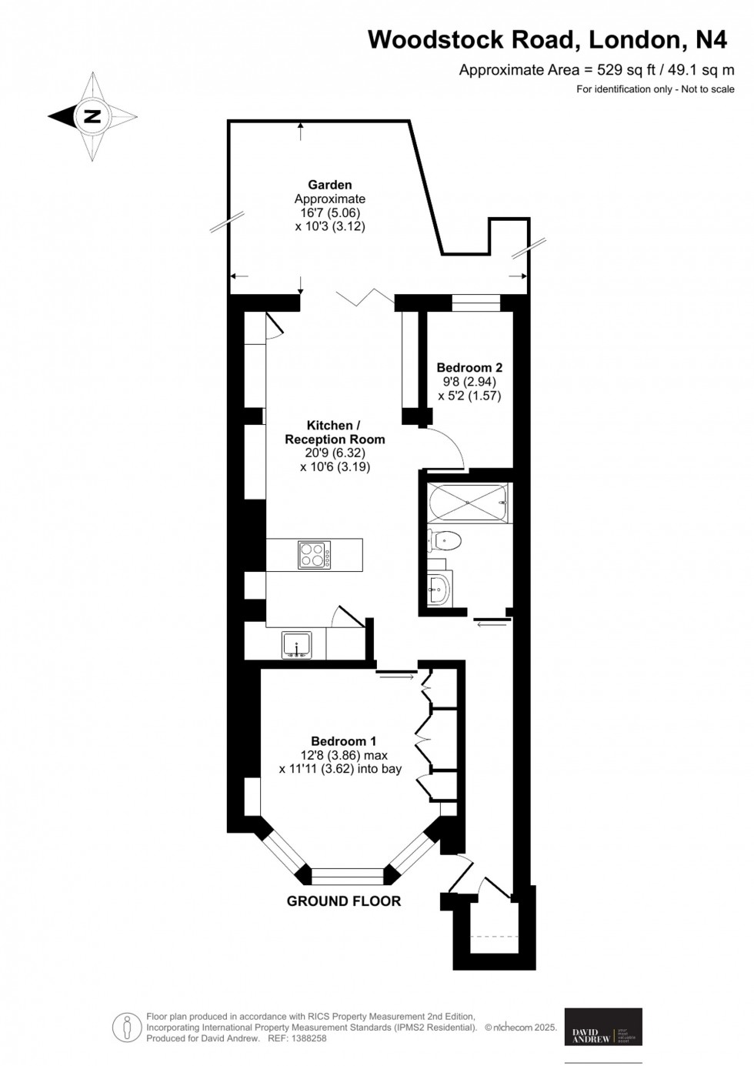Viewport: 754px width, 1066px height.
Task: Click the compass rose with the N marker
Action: pyautogui.click(x=92, y=117)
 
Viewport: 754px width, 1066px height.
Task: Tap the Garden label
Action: pyautogui.click(x=329, y=185)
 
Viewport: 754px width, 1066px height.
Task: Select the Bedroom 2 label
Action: pyautogui.click(x=469, y=368)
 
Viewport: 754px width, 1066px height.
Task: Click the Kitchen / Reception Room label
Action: pyautogui.click(x=334, y=433)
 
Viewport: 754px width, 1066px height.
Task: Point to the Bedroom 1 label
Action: pyautogui.click(x=343, y=741)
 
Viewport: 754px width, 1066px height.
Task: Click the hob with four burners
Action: pyautogui.click(x=315, y=555)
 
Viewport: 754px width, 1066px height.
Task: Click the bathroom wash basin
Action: pyautogui.click(x=439, y=590)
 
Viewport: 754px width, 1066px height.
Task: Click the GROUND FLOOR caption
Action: pyautogui.click(x=343, y=901)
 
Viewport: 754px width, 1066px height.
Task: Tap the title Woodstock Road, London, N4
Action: pyautogui.click(x=547, y=39)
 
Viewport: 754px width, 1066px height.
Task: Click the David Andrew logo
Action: pyautogui.click(x=602, y=1026)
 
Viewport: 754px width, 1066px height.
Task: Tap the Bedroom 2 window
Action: pyautogui.click(x=475, y=302)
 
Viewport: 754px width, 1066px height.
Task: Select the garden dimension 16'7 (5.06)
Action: pyautogui.click(x=329, y=212)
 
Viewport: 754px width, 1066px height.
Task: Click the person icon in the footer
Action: pyautogui.click(x=126, y=1027)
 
